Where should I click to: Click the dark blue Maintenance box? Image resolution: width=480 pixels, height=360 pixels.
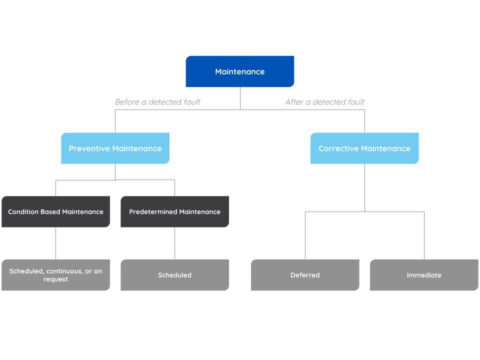pyautogui.click(x=240, y=72)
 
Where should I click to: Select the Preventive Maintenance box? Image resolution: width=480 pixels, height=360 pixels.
pyautogui.click(x=115, y=149)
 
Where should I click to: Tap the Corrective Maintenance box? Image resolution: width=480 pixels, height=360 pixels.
pyautogui.click(x=364, y=149)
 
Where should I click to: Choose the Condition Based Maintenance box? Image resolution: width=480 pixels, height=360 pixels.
pyautogui.click(x=55, y=211)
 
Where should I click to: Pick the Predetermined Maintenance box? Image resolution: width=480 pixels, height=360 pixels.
pyautogui.click(x=175, y=211)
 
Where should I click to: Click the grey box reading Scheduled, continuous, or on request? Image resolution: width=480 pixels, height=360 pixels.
pyautogui.click(x=55, y=274)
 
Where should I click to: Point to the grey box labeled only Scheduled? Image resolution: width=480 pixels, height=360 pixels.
pyautogui.click(x=175, y=274)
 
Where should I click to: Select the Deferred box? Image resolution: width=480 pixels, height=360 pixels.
pyautogui.click(x=304, y=274)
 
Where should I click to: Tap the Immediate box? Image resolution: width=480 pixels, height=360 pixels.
pyautogui.click(x=424, y=274)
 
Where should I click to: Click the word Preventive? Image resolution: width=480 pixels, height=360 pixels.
pyautogui.click(x=88, y=149)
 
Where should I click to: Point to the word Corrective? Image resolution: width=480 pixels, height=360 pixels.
pyautogui.click(x=338, y=149)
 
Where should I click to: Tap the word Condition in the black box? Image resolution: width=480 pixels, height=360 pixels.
pyautogui.click(x=23, y=211)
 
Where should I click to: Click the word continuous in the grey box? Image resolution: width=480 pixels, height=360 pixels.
pyautogui.click(x=60, y=270)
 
